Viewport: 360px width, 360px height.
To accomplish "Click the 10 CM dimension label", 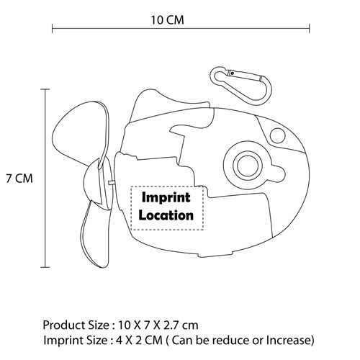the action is point(167,20).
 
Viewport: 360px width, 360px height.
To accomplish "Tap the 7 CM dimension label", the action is point(19,179).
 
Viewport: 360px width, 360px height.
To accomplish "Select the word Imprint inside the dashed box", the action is point(166,197).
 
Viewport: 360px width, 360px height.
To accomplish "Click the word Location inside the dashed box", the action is point(166,215).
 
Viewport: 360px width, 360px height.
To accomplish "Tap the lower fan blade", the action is point(96,234).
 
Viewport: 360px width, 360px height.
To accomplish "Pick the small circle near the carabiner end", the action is point(277,135).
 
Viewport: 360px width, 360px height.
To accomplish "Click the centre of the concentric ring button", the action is point(246,166).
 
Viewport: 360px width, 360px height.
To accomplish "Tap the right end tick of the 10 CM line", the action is point(310,29).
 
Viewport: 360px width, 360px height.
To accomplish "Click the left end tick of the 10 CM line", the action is point(53,29).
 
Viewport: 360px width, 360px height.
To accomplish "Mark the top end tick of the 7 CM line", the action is point(45,89).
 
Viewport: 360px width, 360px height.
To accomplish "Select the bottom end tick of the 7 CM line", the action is point(45,267).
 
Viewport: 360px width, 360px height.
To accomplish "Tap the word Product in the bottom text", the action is point(63,325).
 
